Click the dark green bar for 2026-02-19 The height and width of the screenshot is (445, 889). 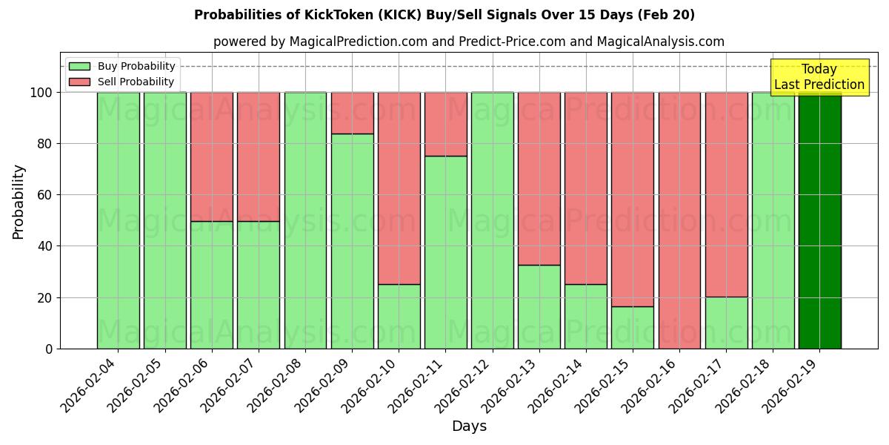(819, 220)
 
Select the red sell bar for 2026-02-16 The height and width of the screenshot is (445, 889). (679, 220)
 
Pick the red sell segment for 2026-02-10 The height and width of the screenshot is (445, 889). (399, 188)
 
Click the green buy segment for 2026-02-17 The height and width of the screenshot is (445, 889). (726, 323)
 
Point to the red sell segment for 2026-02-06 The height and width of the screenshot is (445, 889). (212, 156)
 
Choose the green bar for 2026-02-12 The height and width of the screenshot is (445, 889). (492, 220)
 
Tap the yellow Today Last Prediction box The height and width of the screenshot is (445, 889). (819, 77)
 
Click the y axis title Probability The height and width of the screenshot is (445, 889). (19, 201)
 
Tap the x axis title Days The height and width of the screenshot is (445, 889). (469, 426)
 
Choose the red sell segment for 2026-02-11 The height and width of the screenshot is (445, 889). (445, 124)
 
